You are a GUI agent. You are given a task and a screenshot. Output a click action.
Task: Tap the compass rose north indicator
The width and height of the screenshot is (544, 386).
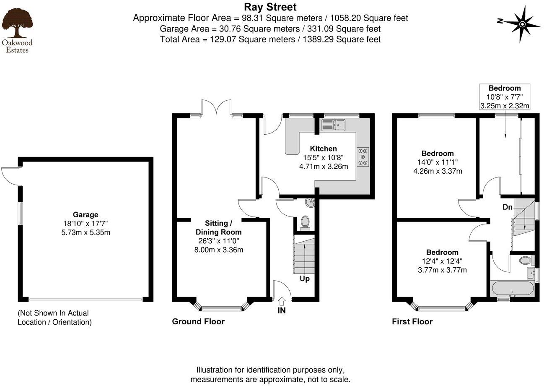tap(522, 23)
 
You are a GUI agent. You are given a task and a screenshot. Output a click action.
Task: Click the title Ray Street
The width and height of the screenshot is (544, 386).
tap(270, 7)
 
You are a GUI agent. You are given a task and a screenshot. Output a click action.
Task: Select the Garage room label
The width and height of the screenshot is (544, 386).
tap(85, 214)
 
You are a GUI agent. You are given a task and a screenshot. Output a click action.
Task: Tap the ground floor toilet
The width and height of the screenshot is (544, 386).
tap(305, 222)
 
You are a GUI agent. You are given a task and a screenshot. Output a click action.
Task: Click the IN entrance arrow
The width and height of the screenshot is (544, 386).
tap(282, 301)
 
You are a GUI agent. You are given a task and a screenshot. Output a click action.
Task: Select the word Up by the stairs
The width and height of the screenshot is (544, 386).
tap(305, 279)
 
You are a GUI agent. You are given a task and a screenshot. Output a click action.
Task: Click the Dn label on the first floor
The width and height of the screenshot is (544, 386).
tap(508, 207)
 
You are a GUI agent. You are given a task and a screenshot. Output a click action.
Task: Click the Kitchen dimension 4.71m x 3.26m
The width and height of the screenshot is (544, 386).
tap(323, 166)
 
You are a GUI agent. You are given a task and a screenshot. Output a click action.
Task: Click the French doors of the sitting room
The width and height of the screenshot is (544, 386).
tap(216, 107)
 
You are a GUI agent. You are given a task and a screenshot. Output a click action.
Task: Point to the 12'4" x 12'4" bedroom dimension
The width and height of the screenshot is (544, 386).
tap(442, 261)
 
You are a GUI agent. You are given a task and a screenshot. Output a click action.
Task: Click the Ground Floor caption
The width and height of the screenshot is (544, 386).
tap(198, 322)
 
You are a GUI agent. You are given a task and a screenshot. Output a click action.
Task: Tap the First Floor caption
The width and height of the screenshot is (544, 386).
tap(412, 322)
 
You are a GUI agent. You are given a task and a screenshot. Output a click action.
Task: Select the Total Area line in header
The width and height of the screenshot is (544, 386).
tap(270, 39)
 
